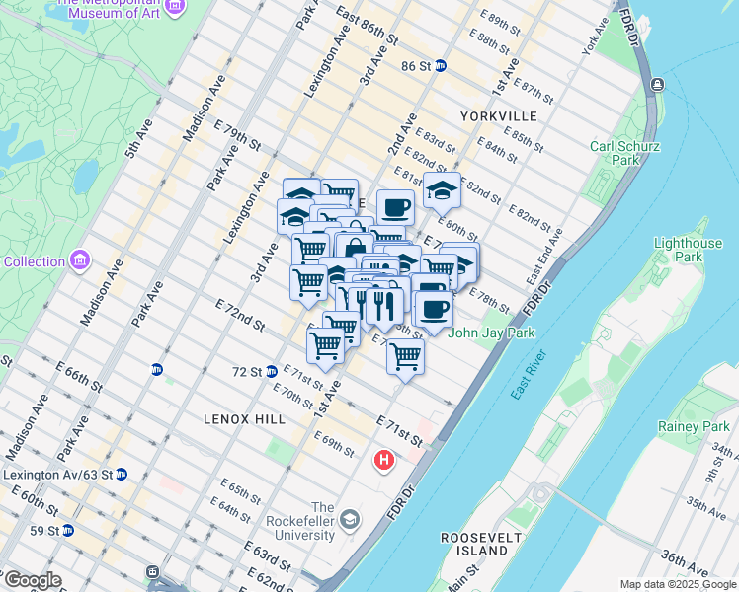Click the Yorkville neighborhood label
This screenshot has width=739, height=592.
[498, 116]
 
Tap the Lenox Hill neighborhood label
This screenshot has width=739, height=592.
[244, 419]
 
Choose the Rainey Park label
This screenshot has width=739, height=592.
[698, 426]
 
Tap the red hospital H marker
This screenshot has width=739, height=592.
[383, 460]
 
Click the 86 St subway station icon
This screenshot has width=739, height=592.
[441, 66]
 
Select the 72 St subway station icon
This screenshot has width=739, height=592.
[271, 372]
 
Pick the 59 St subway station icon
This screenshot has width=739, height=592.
[68, 530]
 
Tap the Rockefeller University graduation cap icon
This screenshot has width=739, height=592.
[349, 520]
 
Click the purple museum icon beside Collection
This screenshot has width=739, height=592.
[80, 261]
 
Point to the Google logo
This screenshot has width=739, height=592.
[32, 580]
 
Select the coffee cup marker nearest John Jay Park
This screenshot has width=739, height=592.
[433, 309]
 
